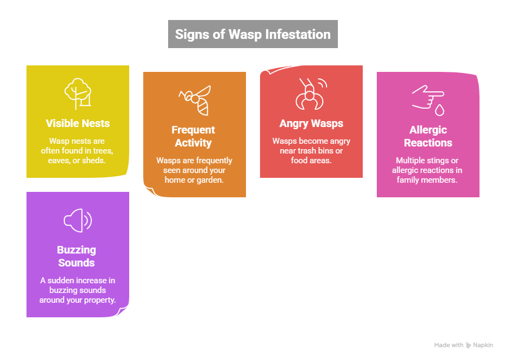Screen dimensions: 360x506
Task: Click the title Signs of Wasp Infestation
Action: (252, 34)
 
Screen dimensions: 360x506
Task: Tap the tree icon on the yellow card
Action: (78, 94)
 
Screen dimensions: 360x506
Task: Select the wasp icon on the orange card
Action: (195, 100)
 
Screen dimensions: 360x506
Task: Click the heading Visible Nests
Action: (78, 123)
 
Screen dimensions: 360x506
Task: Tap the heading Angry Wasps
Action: (311, 123)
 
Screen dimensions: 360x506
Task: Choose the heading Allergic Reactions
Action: (428, 136)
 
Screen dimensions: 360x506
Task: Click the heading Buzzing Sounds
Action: (77, 256)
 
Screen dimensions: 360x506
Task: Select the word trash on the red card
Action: (307, 150)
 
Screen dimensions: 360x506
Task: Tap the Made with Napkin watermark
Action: (463, 345)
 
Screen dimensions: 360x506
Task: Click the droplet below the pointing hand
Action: (440, 110)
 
